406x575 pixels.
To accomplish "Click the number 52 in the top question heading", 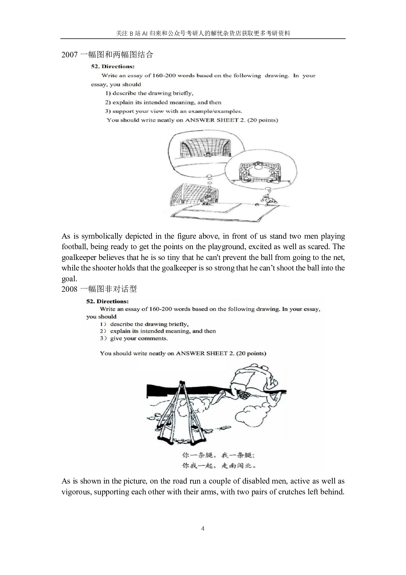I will point(95,67).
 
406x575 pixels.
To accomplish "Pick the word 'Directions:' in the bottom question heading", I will point(113,301).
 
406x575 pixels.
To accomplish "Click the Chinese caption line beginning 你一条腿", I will point(218,455).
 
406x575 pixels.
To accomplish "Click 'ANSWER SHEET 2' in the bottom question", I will point(205,353).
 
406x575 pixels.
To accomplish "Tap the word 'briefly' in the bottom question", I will point(178,324).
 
